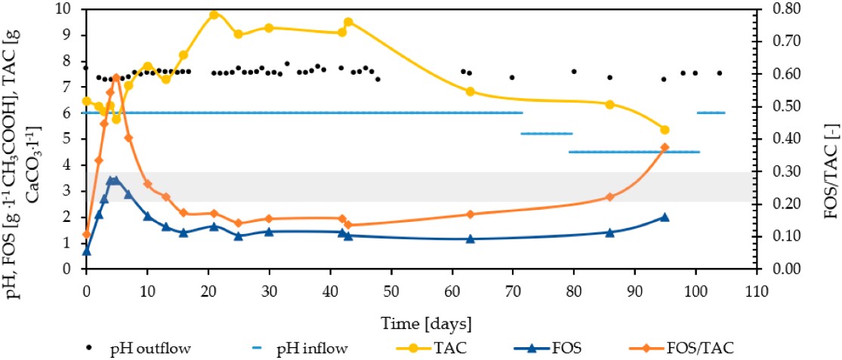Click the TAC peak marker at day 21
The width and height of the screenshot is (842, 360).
(214, 15)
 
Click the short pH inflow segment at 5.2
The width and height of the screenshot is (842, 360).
(547, 134)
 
